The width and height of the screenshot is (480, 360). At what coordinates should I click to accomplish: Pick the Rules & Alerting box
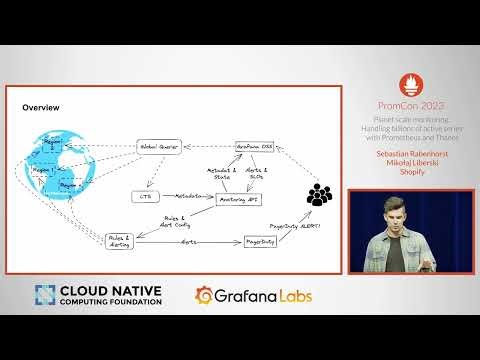[119, 241]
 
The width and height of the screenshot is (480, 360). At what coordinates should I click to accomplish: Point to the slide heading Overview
[41, 107]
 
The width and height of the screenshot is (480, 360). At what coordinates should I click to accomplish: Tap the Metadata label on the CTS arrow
[188, 196]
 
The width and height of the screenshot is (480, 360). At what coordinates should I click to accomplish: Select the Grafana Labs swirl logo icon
[204, 295]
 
